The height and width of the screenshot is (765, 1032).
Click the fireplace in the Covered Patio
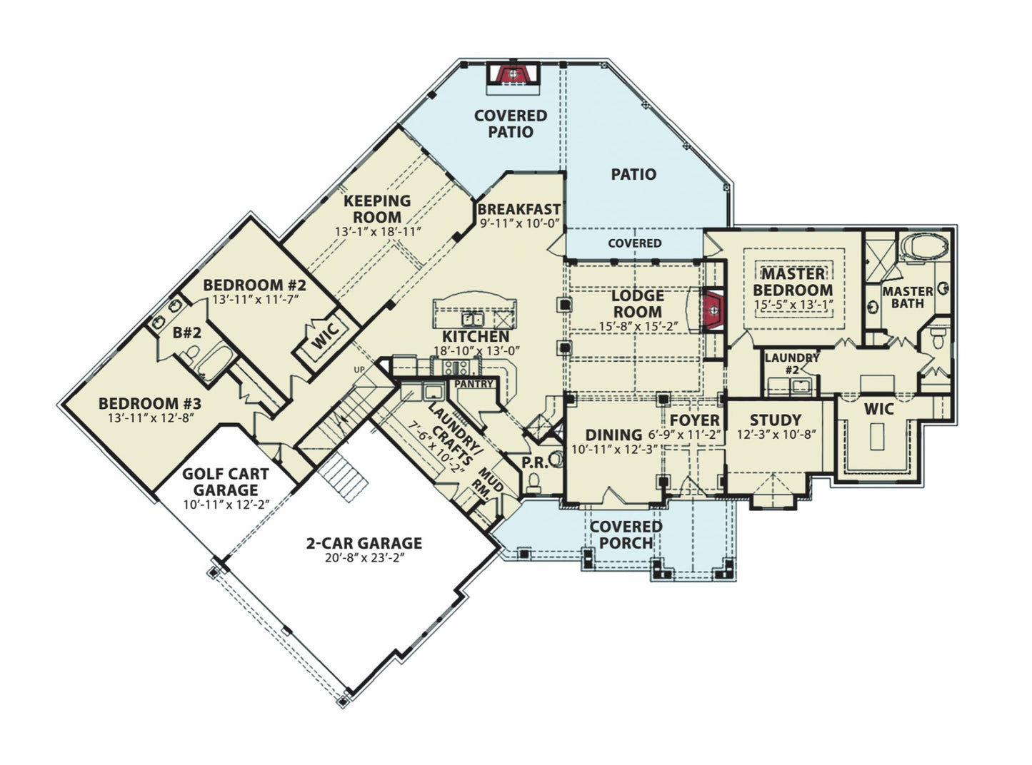(511, 74)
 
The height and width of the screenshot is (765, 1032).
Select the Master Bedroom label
(793, 282)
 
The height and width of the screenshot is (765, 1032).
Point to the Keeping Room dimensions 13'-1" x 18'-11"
(378, 231)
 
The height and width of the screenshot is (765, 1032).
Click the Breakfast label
(518, 209)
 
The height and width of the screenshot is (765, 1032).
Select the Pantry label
(473, 384)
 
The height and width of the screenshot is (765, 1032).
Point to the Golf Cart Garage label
(225, 482)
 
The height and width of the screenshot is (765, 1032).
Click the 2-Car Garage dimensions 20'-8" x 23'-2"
(364, 558)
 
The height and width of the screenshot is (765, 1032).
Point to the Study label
(775, 420)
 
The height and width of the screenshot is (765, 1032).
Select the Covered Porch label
(626, 534)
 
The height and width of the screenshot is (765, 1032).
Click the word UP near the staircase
(359, 369)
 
